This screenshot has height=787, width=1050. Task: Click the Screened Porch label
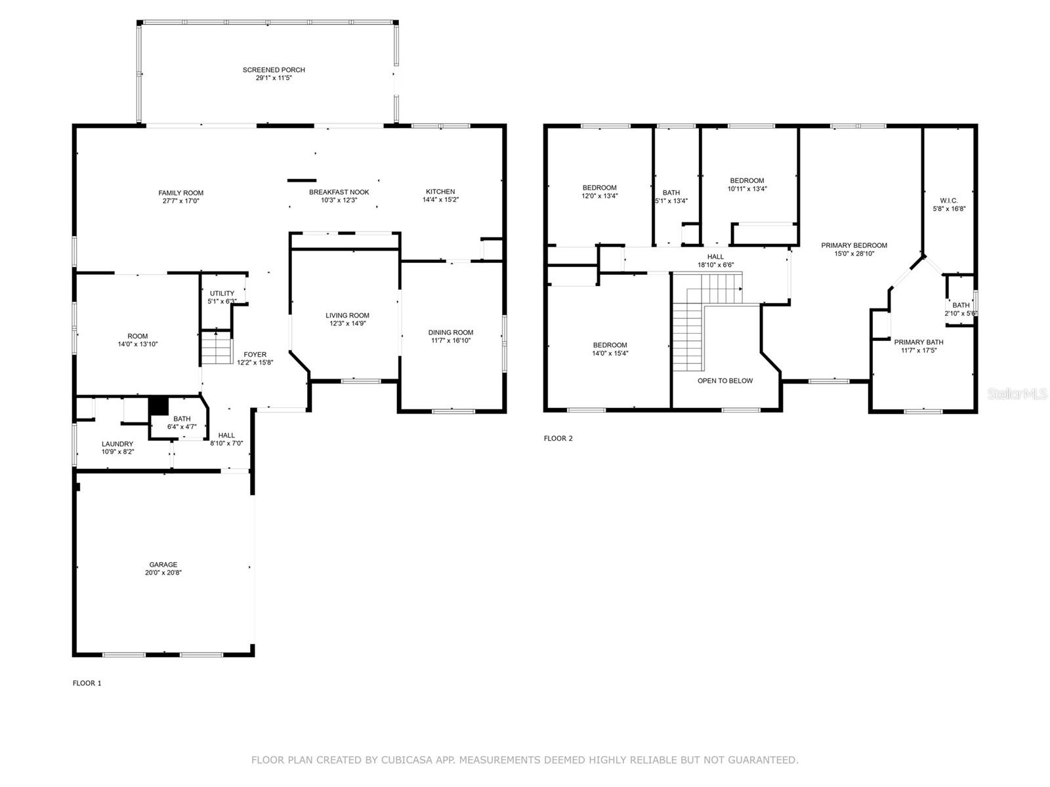[x=274, y=70]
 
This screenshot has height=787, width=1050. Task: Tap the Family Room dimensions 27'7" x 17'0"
[x=180, y=201]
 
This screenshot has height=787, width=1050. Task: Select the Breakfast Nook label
[x=339, y=192]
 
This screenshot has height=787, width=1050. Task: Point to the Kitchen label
[x=440, y=192]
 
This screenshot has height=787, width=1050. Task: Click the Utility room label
[x=222, y=293]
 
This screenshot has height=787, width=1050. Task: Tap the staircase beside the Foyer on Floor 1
[x=217, y=348]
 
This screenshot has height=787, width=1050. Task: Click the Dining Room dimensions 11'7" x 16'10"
[x=450, y=340]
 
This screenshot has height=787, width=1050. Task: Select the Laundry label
[x=117, y=444]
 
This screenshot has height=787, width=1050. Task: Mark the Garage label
[x=163, y=565]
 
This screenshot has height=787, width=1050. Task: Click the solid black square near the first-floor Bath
[x=159, y=406]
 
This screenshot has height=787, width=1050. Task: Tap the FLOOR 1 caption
[x=87, y=683]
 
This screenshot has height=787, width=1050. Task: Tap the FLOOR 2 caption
[x=558, y=438]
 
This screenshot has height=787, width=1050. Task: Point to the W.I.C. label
[x=949, y=201]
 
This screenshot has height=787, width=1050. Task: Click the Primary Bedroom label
[x=854, y=245]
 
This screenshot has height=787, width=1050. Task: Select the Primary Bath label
[x=918, y=342]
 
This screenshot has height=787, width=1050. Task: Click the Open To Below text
[x=724, y=380]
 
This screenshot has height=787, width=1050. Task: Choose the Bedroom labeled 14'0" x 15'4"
[x=610, y=345]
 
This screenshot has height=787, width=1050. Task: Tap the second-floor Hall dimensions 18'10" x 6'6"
[x=715, y=265]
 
